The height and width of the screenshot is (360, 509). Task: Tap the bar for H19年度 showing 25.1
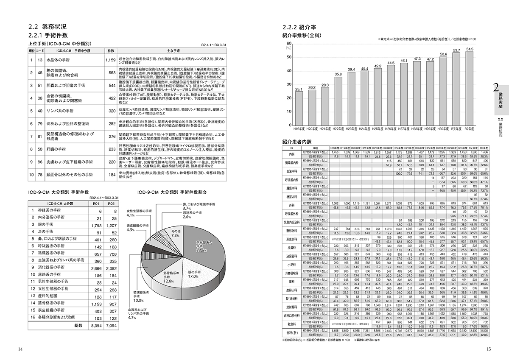coord(299,106)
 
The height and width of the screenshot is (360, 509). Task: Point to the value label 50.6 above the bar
coord(443,54)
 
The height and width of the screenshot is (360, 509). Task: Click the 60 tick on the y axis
coord(289,43)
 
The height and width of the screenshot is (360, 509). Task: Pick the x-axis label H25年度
coord(378,126)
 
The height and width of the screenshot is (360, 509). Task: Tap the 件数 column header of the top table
coord(111,50)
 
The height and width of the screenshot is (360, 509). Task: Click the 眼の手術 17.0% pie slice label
coord(193,273)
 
